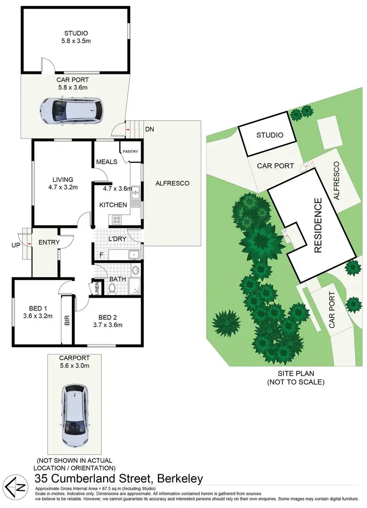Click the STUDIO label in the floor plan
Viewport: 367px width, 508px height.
pyautogui.click(x=75, y=33)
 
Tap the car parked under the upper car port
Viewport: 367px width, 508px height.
pyautogui.click(x=71, y=110)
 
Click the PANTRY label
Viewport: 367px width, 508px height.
pyautogui.click(x=131, y=152)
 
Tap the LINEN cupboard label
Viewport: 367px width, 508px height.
pyautogui.click(x=96, y=287)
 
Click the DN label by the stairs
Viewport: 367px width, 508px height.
pyautogui.click(x=149, y=130)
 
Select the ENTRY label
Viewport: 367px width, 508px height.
pyautogui.click(x=49, y=242)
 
